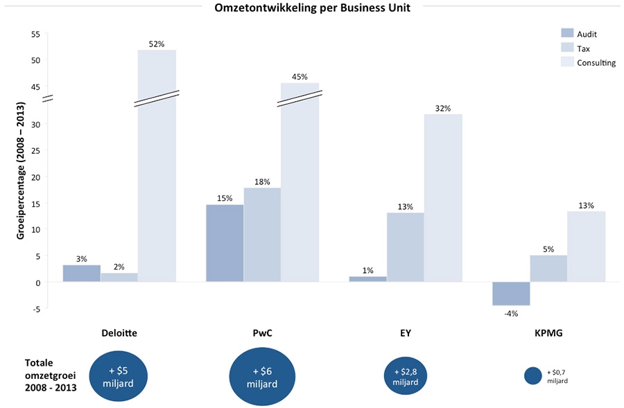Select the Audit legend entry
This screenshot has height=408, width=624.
(586, 34)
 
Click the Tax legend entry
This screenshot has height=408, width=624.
(583, 48)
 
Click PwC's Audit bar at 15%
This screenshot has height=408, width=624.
(225, 243)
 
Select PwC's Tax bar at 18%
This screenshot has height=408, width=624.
(262, 235)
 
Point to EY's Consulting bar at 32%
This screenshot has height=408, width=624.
(443, 198)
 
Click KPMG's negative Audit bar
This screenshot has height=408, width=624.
(511, 294)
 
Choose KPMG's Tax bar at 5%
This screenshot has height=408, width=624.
(548, 269)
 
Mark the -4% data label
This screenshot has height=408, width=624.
(511, 313)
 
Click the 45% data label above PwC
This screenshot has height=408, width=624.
(300, 77)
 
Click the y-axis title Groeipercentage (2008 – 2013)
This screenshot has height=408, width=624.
(20, 172)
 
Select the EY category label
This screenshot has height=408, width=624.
(406, 332)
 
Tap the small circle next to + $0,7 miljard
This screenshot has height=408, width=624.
(533, 375)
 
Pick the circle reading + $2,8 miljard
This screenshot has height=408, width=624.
(405, 376)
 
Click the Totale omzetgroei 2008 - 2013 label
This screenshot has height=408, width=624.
(51, 375)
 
